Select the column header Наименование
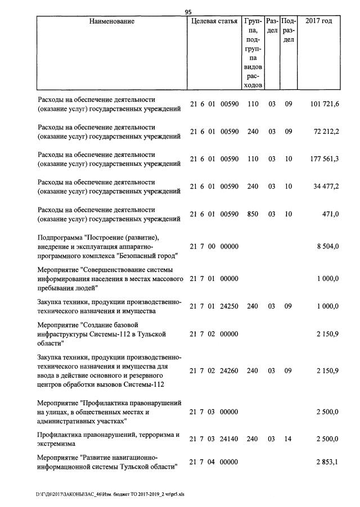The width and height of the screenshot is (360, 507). coord(111,21)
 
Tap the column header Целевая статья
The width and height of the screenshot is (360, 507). coord(214,21)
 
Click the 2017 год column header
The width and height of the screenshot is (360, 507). coord(318,21)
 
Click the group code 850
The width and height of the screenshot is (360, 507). coord(253,214)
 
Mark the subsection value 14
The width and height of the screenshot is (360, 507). coord(288,439)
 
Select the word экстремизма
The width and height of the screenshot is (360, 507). coord(58,443)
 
